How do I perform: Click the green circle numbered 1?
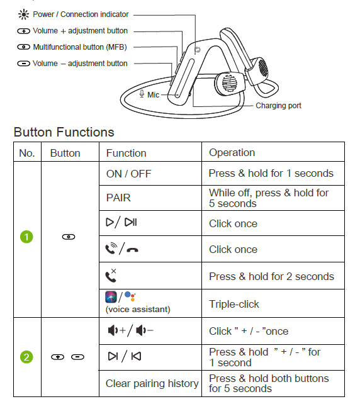pos(26,237)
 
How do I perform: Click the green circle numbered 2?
pos(26,357)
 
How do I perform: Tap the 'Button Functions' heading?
pos(64,132)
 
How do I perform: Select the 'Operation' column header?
pos(232,152)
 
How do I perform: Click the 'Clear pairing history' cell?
pos(152,383)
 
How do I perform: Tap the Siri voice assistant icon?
pos(111,297)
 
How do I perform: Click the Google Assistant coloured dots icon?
pos(130,296)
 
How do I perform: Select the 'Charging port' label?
pos(278,106)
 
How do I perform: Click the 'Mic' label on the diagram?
pos(153,95)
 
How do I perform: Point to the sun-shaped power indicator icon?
pos(24,14)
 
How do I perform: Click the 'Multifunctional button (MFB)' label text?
pos(80,47)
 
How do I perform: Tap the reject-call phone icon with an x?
pos(111,275)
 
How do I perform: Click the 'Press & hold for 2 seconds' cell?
pos(271,276)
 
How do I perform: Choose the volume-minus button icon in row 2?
pos(77,357)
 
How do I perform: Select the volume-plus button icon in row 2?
pos(57,357)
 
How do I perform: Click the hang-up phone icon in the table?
pos(132,250)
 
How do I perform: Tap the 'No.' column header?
pos(27,154)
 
